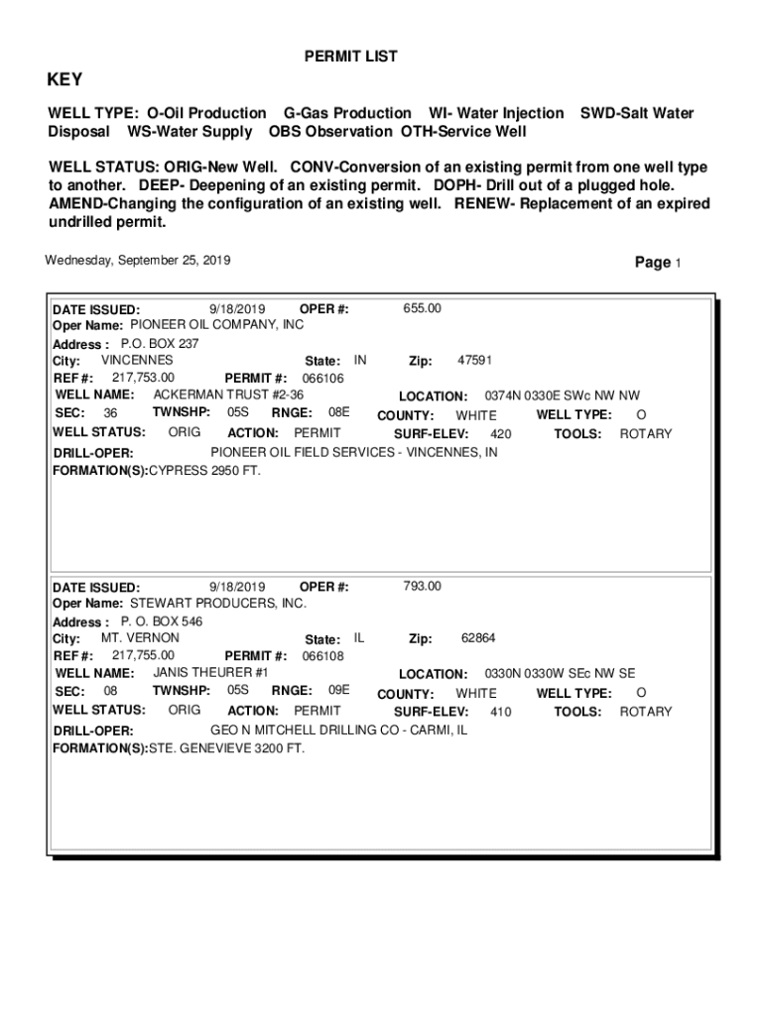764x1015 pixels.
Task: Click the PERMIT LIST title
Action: [350, 57]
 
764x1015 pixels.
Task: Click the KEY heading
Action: [65, 80]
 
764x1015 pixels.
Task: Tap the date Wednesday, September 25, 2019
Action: [138, 261]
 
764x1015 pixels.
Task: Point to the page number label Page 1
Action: [658, 263]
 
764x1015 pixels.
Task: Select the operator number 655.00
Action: [423, 308]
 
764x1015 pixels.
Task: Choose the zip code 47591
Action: [474, 361]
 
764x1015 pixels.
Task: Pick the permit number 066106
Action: [322, 379]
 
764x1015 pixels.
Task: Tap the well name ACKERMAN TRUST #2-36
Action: [228, 395]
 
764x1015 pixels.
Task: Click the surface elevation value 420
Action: [501, 434]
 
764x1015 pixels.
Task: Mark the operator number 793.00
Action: [423, 586]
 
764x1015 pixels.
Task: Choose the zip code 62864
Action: [478, 638]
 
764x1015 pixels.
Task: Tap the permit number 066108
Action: [322, 656]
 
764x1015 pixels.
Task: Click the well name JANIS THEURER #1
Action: [210, 672]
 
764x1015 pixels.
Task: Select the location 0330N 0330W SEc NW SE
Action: [560, 673]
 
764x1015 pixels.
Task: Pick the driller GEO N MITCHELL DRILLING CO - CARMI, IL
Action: [338, 731]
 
